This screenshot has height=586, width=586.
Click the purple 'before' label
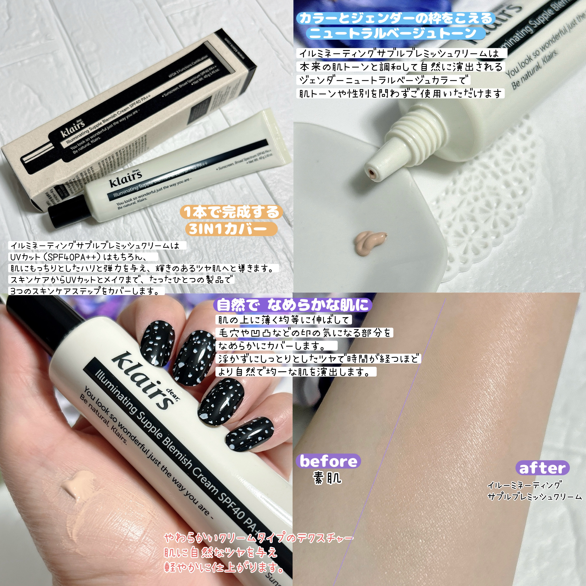[328, 461]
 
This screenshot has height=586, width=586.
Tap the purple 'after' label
[542, 468]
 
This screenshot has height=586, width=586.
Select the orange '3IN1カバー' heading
[231, 229]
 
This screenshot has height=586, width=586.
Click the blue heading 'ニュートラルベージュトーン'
[393, 33]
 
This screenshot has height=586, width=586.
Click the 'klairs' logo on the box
[73, 129]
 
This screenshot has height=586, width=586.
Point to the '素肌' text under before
[327, 478]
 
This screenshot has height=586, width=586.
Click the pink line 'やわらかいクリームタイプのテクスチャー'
[258, 538]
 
